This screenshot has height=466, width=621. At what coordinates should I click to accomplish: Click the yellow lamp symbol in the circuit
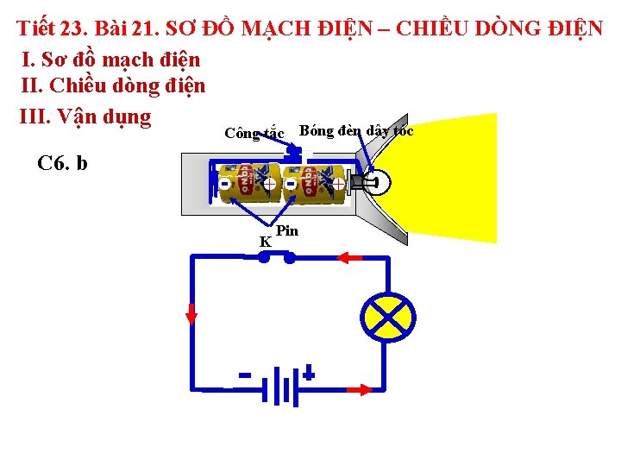coord(387,319)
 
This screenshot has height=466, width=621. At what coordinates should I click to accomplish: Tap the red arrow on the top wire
coord(348,257)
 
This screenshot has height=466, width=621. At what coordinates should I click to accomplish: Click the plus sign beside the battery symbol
coord(309,375)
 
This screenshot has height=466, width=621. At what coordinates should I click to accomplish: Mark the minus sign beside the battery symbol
coord(245,375)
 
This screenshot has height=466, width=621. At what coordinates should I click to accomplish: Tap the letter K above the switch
coord(266,242)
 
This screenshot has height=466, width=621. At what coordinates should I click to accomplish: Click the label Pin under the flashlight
coord(287,231)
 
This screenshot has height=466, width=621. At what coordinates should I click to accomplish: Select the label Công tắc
coord(254,134)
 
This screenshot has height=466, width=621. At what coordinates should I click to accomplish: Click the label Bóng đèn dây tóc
coord(356,131)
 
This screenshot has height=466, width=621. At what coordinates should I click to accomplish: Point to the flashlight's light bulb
coord(373,182)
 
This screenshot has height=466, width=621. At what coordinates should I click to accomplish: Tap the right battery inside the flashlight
coord(317,183)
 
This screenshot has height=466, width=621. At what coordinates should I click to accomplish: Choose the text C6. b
coord(63,163)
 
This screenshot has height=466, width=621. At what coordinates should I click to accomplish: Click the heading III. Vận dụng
coord(85,116)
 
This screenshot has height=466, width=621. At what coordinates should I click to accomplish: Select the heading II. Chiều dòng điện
coord(112,86)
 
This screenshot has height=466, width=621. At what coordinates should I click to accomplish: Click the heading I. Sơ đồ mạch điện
coord(110,60)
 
